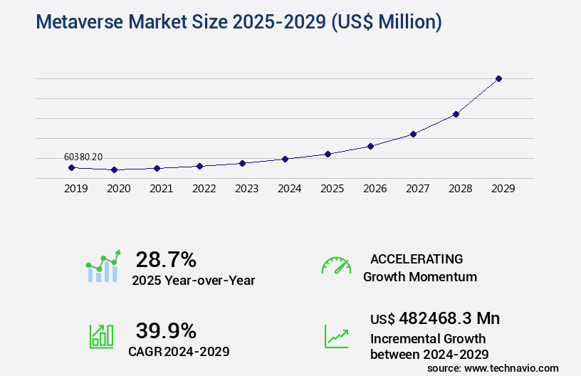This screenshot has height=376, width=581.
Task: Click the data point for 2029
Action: pos(498,78)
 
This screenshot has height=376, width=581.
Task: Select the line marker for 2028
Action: pos(456,114)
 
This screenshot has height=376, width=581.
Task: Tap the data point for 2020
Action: pos(114,170)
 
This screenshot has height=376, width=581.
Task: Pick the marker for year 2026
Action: pos(370,146)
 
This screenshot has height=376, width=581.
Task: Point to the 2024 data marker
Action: pos(285,159)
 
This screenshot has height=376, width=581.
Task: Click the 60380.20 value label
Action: pos(83,157)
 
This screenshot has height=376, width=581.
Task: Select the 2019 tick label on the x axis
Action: pos(75,189)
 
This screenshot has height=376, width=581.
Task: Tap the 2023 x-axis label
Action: pos(246,189)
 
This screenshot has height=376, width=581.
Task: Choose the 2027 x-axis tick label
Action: pos(417,189)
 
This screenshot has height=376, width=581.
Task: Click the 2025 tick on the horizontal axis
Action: pos(332,189)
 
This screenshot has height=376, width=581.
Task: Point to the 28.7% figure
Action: pos(166,259)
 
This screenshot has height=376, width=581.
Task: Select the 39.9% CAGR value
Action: pos(166,330)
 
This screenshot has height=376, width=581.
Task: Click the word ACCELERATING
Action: pos(417,258)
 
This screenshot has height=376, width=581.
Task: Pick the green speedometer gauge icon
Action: pos(336,266)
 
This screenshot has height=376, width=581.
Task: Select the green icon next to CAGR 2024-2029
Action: pos(101,335)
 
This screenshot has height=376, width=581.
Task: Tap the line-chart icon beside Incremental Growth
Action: pos(336,336)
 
